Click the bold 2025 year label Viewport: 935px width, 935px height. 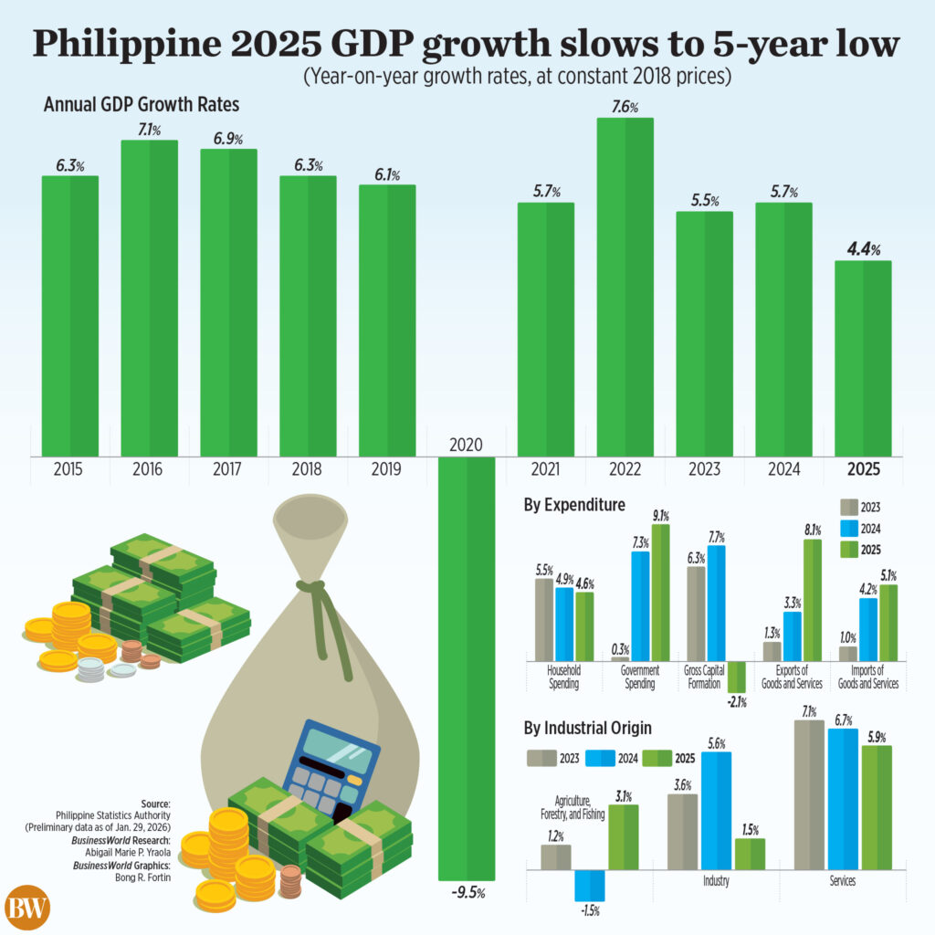pos(863,470)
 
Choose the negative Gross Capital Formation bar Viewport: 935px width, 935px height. pos(737,677)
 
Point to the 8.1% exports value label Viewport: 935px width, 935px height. pos(811,529)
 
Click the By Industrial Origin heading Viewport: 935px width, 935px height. pos(587,729)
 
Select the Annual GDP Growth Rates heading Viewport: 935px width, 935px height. pos(142,105)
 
